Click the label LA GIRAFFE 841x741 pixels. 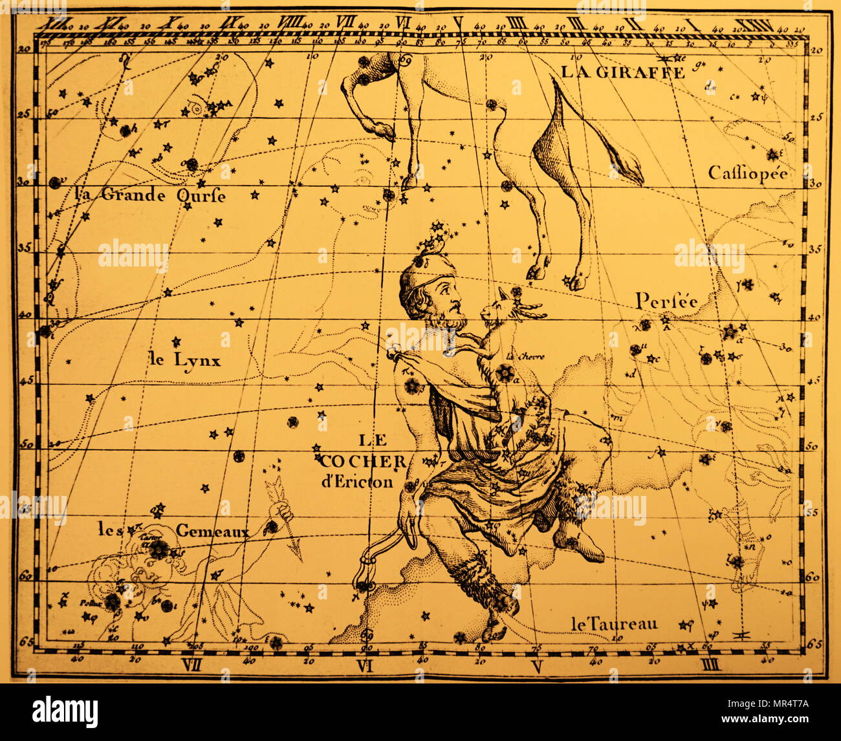(x=622, y=72)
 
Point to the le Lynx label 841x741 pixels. (x=184, y=360)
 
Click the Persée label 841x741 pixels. (x=666, y=301)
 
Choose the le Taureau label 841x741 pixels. (x=614, y=623)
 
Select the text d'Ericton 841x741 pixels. (x=364, y=482)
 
